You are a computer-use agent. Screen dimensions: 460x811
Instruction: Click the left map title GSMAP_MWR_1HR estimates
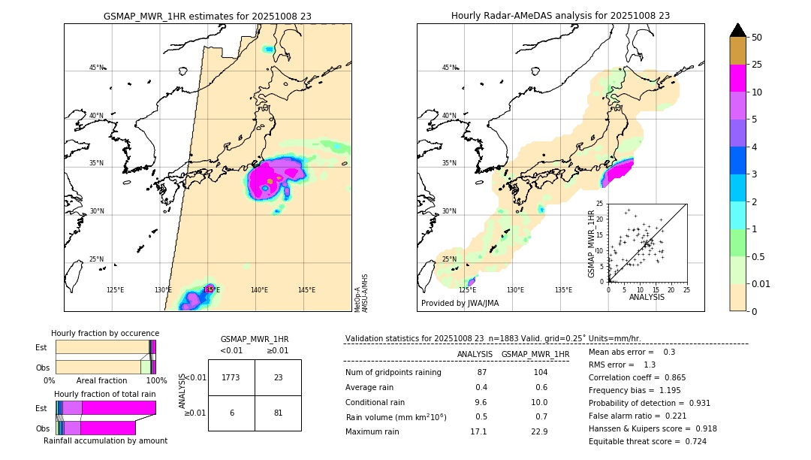207,16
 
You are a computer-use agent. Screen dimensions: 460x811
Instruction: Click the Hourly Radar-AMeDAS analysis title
560,16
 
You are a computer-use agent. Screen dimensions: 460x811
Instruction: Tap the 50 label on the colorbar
757,38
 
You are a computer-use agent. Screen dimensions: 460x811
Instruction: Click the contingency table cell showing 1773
231,377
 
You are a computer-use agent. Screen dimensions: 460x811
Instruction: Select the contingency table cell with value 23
278,377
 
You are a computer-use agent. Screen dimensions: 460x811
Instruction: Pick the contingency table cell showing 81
278,413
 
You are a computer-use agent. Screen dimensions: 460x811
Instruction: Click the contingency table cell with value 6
231,413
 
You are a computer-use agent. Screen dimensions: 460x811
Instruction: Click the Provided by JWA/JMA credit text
460,304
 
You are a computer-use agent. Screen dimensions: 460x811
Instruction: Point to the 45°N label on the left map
97,68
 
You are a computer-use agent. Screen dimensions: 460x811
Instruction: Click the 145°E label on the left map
306,290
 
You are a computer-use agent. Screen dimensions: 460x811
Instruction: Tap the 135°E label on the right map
563,290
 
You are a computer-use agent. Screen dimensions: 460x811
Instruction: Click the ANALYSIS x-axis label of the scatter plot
647,297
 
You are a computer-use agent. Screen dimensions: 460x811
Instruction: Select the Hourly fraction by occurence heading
105,333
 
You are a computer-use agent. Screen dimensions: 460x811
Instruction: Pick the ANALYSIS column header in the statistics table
475,354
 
